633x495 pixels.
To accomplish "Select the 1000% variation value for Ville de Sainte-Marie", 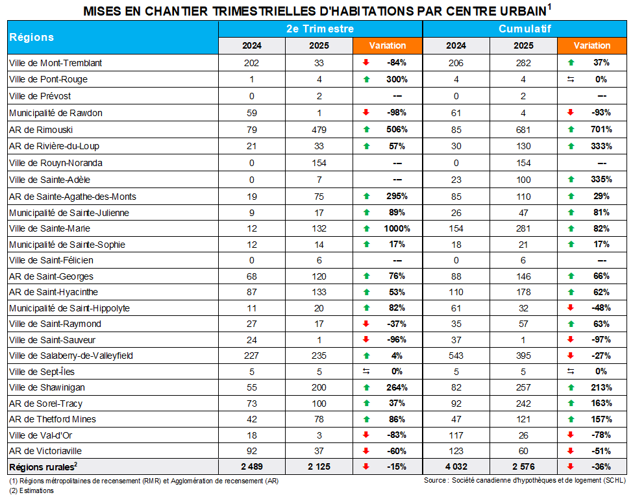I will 397,228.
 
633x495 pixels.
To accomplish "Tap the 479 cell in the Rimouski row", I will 318,130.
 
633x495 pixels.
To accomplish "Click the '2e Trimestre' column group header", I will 320,29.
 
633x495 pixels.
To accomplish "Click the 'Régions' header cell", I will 32,37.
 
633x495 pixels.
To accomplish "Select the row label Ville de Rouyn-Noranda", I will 56,163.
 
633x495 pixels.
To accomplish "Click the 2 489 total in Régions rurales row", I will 251,466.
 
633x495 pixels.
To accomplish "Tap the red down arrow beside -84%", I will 366,63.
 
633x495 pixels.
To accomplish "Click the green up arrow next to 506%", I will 366,130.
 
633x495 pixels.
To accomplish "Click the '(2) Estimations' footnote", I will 32,490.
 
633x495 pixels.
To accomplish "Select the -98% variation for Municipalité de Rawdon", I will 396,113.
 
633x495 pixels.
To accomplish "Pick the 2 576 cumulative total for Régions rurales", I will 523,466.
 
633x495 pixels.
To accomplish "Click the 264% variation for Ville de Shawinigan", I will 397,387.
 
